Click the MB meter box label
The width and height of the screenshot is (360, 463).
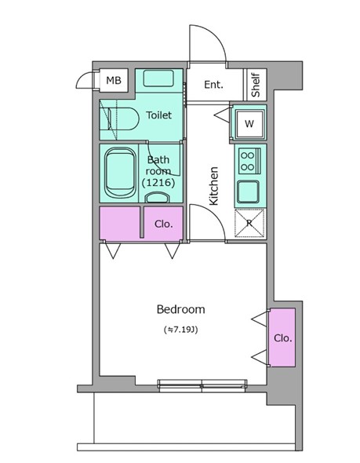point(114,80)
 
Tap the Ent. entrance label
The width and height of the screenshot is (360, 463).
point(214,85)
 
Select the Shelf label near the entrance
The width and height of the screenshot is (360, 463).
point(256,85)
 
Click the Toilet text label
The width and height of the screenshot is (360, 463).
point(158,115)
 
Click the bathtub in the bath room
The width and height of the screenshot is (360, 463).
point(121,173)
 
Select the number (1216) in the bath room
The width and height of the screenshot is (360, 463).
point(158,183)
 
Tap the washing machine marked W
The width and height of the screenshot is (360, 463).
point(249,124)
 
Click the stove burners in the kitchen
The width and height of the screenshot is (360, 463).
point(247,161)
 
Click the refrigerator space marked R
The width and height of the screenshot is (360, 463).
point(249,223)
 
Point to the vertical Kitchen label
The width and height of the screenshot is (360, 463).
point(213,186)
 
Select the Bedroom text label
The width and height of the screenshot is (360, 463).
point(181,309)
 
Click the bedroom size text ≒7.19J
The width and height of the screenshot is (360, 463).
point(181,330)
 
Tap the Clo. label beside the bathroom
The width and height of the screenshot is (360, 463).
point(163,224)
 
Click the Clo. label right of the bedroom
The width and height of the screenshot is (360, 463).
point(282,337)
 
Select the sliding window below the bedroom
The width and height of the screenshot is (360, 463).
point(202,385)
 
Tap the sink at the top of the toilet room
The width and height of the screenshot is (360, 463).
point(158,78)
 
